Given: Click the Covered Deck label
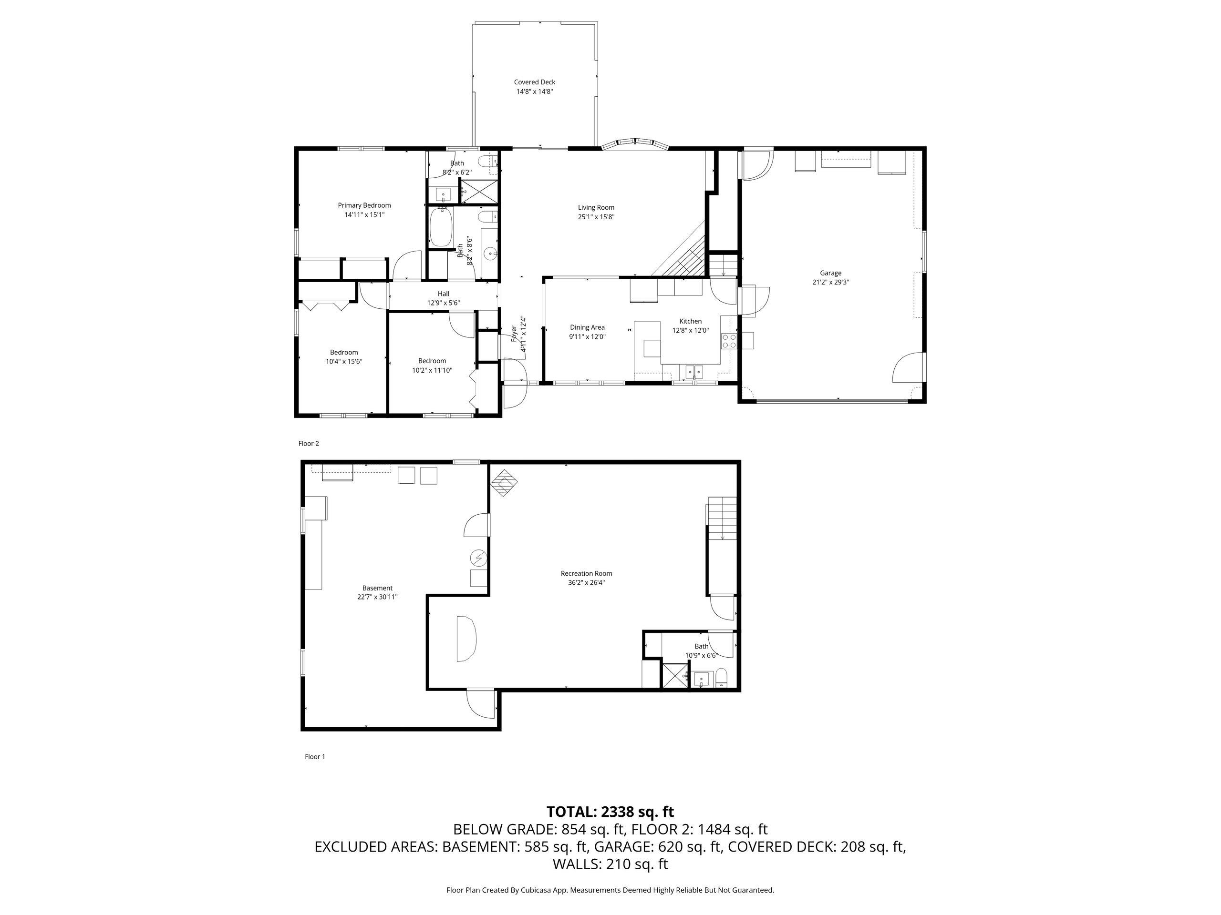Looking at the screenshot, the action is tap(534, 82).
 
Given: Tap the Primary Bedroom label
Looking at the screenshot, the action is tap(364, 206).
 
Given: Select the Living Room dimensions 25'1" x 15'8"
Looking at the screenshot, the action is tap(596, 217).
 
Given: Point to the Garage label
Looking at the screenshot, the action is tap(830, 273).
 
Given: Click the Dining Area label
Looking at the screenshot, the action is tap(587, 327).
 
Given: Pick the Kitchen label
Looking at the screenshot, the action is tap(691, 322).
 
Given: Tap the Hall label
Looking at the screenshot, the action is tap(443, 294).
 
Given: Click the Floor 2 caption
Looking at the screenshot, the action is tap(309, 443).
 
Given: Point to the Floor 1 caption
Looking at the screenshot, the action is tap(315, 757).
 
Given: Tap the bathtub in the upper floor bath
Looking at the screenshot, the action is tap(441, 227).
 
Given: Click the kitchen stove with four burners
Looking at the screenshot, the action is tap(729, 340).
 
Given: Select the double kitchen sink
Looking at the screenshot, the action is tap(694, 372).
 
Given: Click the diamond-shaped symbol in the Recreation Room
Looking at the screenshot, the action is tap(504, 483).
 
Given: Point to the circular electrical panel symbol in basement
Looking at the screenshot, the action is tap(478, 559).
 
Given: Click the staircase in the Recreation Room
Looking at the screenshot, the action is tap(723, 518).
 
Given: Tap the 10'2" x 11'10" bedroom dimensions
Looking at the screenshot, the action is tap(432, 371).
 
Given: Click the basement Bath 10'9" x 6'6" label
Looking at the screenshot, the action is tap(701, 651).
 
